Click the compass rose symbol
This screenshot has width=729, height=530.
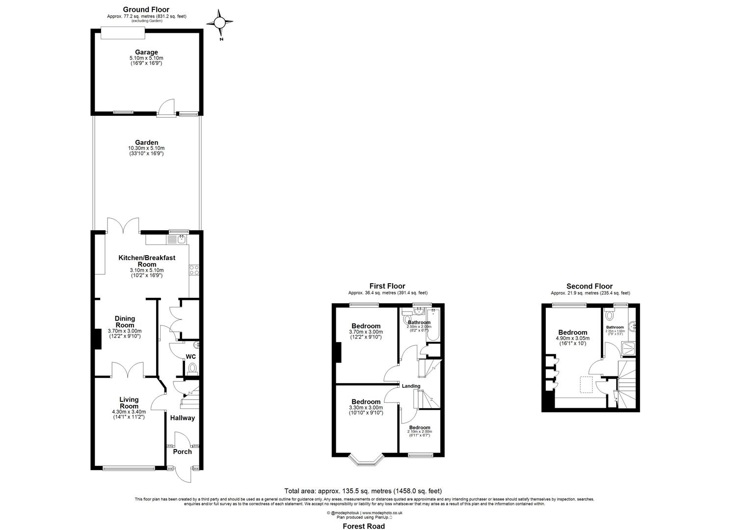point(220,23)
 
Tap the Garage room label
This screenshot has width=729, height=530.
point(146,52)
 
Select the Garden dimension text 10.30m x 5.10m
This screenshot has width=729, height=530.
point(146,148)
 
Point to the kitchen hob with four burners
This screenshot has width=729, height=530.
point(194,269)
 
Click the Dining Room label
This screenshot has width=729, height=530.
point(125,322)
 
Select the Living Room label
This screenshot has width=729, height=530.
point(129,403)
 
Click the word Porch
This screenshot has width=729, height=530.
point(182,451)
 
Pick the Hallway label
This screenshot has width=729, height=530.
point(183,418)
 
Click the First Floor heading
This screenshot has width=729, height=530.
point(387,286)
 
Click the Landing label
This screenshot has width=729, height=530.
point(411,386)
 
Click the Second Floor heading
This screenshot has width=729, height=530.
point(589,286)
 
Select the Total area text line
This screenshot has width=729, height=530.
point(363,491)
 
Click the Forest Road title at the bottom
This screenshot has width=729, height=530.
point(364,526)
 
